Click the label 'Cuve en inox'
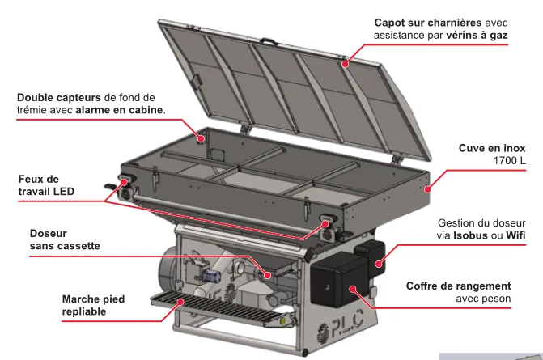(x=492, y=148)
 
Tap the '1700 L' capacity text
(x=509, y=161)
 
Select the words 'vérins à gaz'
(x=477, y=36)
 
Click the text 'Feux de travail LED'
(x=46, y=185)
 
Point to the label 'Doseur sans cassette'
(x=65, y=239)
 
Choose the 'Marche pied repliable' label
(x=93, y=305)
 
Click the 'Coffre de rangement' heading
(x=458, y=286)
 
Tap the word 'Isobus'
(x=470, y=235)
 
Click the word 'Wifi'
(x=515, y=235)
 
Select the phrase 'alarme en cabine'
(x=119, y=110)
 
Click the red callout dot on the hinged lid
(x=345, y=64)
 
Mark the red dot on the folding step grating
(x=180, y=302)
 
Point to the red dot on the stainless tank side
(x=427, y=189)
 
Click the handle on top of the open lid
(x=269, y=40)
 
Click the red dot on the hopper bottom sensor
(x=202, y=139)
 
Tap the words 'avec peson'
(x=483, y=299)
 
